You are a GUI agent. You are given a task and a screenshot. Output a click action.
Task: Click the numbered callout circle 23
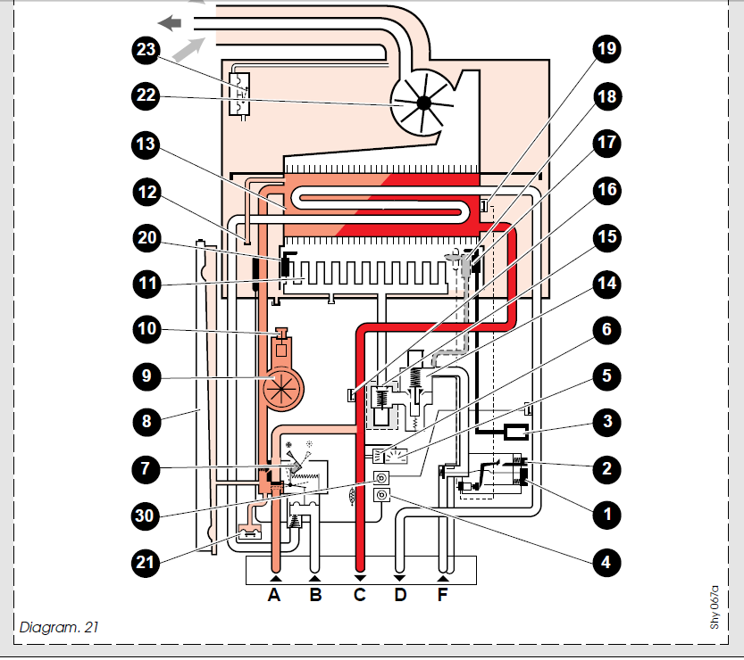(146, 49)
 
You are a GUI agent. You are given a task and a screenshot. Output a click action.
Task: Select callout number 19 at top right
(606, 48)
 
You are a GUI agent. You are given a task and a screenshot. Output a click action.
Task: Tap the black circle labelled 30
(145, 516)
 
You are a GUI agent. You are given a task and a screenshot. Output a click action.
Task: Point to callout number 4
(606, 563)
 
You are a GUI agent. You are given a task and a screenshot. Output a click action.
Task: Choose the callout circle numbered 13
(146, 144)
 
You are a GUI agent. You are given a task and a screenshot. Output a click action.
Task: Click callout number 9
(146, 375)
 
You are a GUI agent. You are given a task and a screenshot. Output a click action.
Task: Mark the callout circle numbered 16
(606, 190)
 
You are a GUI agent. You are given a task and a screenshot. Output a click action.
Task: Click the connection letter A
(274, 595)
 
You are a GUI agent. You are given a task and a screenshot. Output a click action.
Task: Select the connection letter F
(442, 595)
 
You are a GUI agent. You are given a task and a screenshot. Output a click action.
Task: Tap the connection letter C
(360, 595)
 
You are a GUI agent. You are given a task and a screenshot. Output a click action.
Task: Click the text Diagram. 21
(59, 627)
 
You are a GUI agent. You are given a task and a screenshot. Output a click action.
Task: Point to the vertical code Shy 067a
(715, 607)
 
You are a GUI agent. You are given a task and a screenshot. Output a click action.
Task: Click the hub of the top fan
(423, 103)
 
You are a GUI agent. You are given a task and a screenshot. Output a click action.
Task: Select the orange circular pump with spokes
(283, 388)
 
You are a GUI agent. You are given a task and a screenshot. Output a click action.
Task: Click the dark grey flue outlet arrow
(170, 22)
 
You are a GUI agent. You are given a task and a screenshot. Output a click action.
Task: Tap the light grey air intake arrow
(188, 50)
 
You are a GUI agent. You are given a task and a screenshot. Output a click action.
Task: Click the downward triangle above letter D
(399, 579)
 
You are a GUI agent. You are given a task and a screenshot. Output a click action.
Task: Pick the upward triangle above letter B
(314, 579)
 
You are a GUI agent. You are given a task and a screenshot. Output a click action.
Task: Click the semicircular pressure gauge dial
(396, 457)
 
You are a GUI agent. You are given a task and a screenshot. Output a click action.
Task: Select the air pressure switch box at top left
(239, 94)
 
